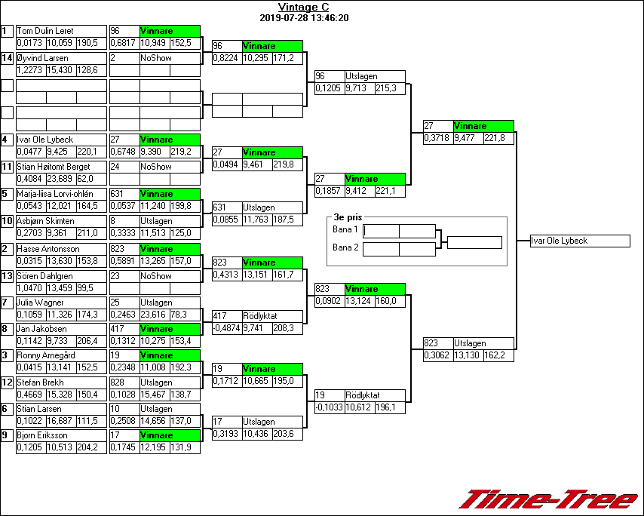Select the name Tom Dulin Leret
(x=44, y=31)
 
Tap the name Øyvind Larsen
(x=42, y=58)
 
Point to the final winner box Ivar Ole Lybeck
(x=580, y=241)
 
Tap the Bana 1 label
(x=345, y=229)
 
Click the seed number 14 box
(x=7, y=58)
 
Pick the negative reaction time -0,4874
(x=226, y=329)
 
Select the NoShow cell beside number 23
(x=169, y=276)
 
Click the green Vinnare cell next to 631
(x=169, y=194)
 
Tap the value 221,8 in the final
(x=498, y=138)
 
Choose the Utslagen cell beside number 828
(x=169, y=382)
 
